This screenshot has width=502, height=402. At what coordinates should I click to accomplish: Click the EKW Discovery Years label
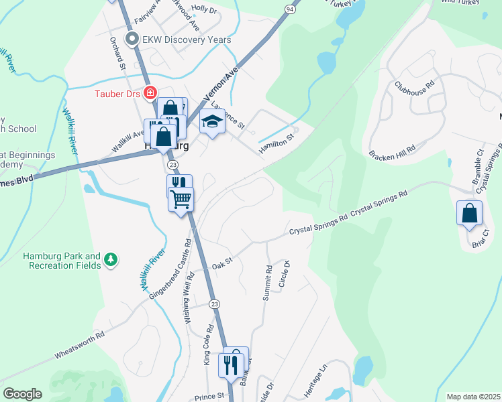(187, 40)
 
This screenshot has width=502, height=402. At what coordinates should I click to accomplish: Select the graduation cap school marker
(213, 121)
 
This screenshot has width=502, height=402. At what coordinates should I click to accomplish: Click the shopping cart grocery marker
(181, 198)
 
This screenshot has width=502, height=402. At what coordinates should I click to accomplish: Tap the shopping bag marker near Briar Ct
(469, 213)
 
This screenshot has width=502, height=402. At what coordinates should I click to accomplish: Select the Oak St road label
(221, 266)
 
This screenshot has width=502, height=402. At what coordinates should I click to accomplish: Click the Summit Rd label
(267, 283)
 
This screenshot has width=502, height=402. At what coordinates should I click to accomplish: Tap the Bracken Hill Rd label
(393, 150)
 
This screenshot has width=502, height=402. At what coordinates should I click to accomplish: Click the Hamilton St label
(277, 143)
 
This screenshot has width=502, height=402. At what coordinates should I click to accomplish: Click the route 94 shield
(289, 9)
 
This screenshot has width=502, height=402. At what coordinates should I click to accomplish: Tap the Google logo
(22, 394)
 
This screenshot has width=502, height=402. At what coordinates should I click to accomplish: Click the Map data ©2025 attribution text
(473, 397)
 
